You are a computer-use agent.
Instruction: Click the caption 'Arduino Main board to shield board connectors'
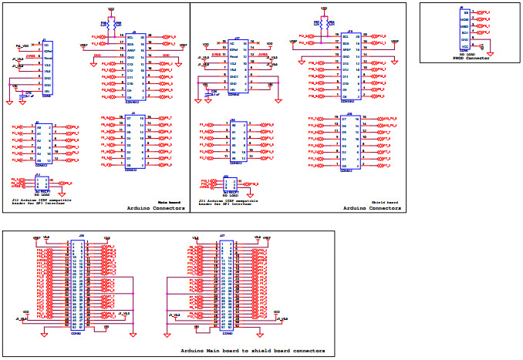coord(252,351)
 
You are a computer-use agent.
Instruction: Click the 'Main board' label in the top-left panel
coord(169,202)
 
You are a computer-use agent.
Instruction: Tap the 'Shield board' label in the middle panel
coord(386,202)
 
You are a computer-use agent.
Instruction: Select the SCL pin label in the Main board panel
coord(130,36)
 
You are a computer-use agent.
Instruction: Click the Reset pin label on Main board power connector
coord(47,59)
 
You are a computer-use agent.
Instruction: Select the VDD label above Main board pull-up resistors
coord(111,11)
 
